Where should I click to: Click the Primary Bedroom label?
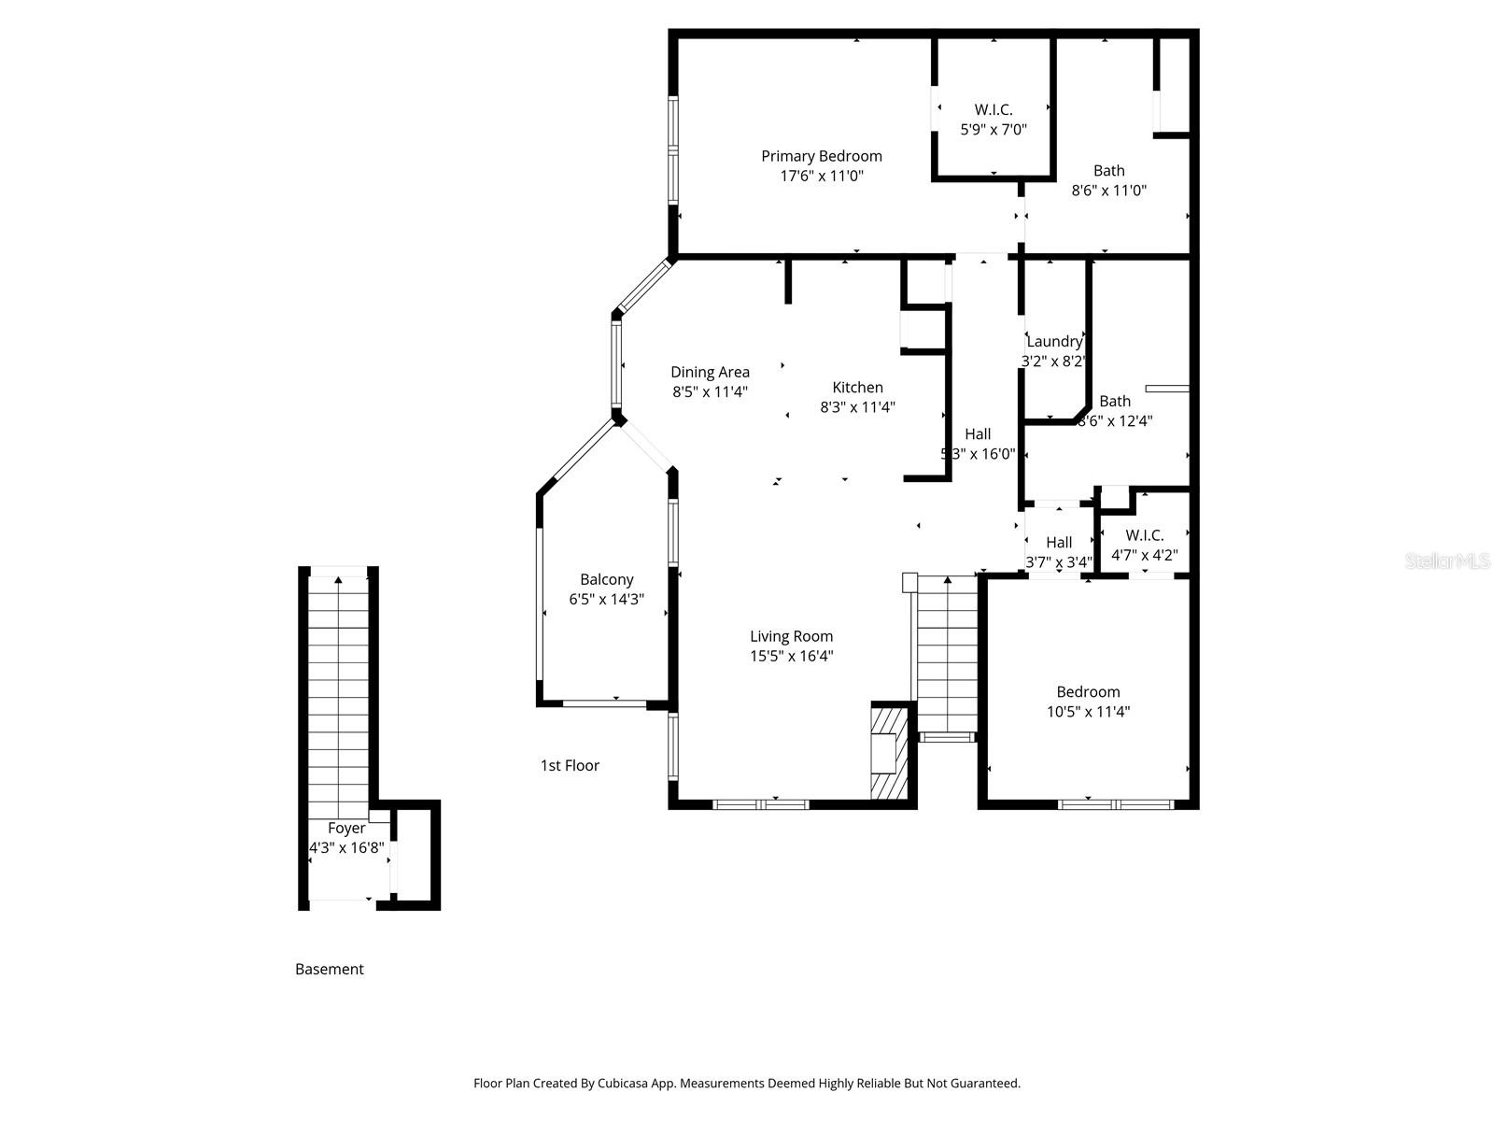(x=821, y=156)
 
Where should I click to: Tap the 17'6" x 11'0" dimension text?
(x=821, y=176)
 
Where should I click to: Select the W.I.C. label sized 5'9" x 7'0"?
(x=993, y=110)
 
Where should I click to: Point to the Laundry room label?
(x=1053, y=342)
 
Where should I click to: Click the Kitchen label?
(x=857, y=387)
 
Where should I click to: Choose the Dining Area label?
(x=710, y=372)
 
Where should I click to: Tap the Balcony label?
(x=606, y=579)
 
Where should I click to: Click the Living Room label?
(x=791, y=636)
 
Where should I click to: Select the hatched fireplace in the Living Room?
(x=888, y=753)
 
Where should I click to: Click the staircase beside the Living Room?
(x=947, y=654)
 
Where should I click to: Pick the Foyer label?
(x=346, y=828)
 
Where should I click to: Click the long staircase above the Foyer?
(x=338, y=691)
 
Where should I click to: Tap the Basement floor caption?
(x=329, y=969)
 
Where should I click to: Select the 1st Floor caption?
(x=570, y=765)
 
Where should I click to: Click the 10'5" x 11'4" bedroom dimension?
(x=1088, y=712)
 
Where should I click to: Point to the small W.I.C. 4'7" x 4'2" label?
(x=1144, y=535)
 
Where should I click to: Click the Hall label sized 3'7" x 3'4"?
(x=1058, y=543)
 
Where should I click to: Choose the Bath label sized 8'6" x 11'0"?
(x=1108, y=170)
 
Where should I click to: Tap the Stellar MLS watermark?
(x=1446, y=560)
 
